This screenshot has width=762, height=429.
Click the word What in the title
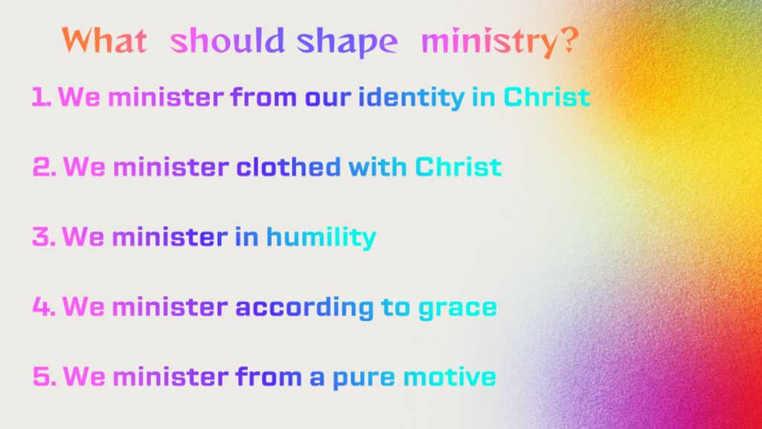tap(104, 40)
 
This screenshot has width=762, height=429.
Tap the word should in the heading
tap(227, 40)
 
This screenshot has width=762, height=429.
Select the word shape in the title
tap(347, 42)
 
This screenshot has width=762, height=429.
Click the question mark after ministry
tap(566, 42)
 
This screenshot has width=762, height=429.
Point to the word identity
tap(411, 98)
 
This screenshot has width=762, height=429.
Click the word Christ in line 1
tap(547, 96)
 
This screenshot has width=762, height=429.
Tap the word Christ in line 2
tap(458, 166)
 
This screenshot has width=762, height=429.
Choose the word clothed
tap(288, 166)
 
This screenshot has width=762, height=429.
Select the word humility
tap(321, 238)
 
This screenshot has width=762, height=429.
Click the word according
tap(304, 308)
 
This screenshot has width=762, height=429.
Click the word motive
tap(449, 376)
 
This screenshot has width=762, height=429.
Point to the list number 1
tap(42, 96)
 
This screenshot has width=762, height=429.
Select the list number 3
tap(44, 236)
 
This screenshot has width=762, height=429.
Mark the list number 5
tap(44, 376)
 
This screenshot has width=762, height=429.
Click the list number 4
tap(44, 306)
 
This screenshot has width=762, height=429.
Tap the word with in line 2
tap(377, 166)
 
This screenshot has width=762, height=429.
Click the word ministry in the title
tap(487, 42)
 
